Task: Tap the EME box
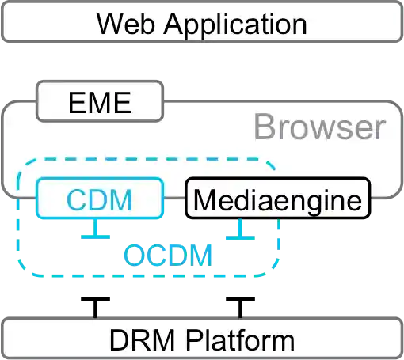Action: [x=99, y=103]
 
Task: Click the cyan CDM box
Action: [x=99, y=199]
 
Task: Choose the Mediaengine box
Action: [x=276, y=199]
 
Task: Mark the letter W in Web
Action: [x=109, y=23]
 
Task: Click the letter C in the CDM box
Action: [x=78, y=199]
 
